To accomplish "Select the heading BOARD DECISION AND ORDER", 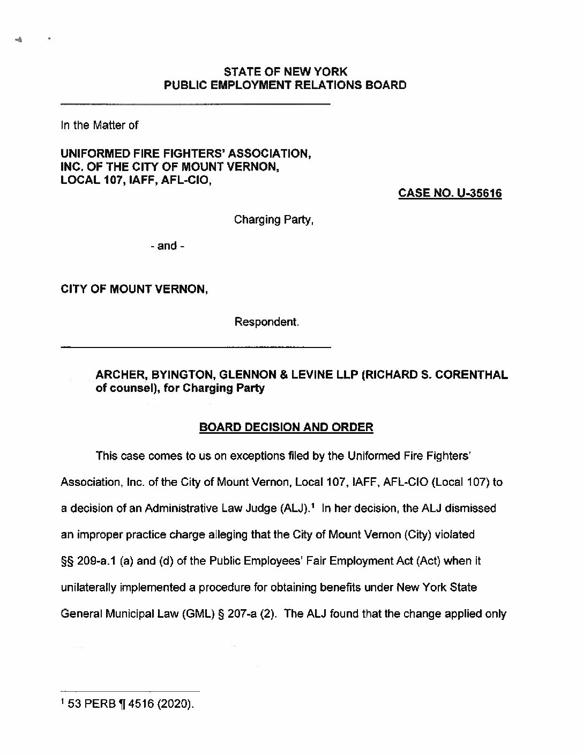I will coord(286,427).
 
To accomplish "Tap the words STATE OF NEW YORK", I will coord(285,71).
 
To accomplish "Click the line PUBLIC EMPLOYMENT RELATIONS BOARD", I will coord(285,85).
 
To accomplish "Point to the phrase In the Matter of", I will coord(100,125).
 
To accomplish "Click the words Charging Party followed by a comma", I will coord(273,219).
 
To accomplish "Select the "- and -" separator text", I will coord(168,246).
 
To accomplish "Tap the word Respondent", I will coord(266,322).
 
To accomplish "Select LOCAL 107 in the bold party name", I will coord(89,181).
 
